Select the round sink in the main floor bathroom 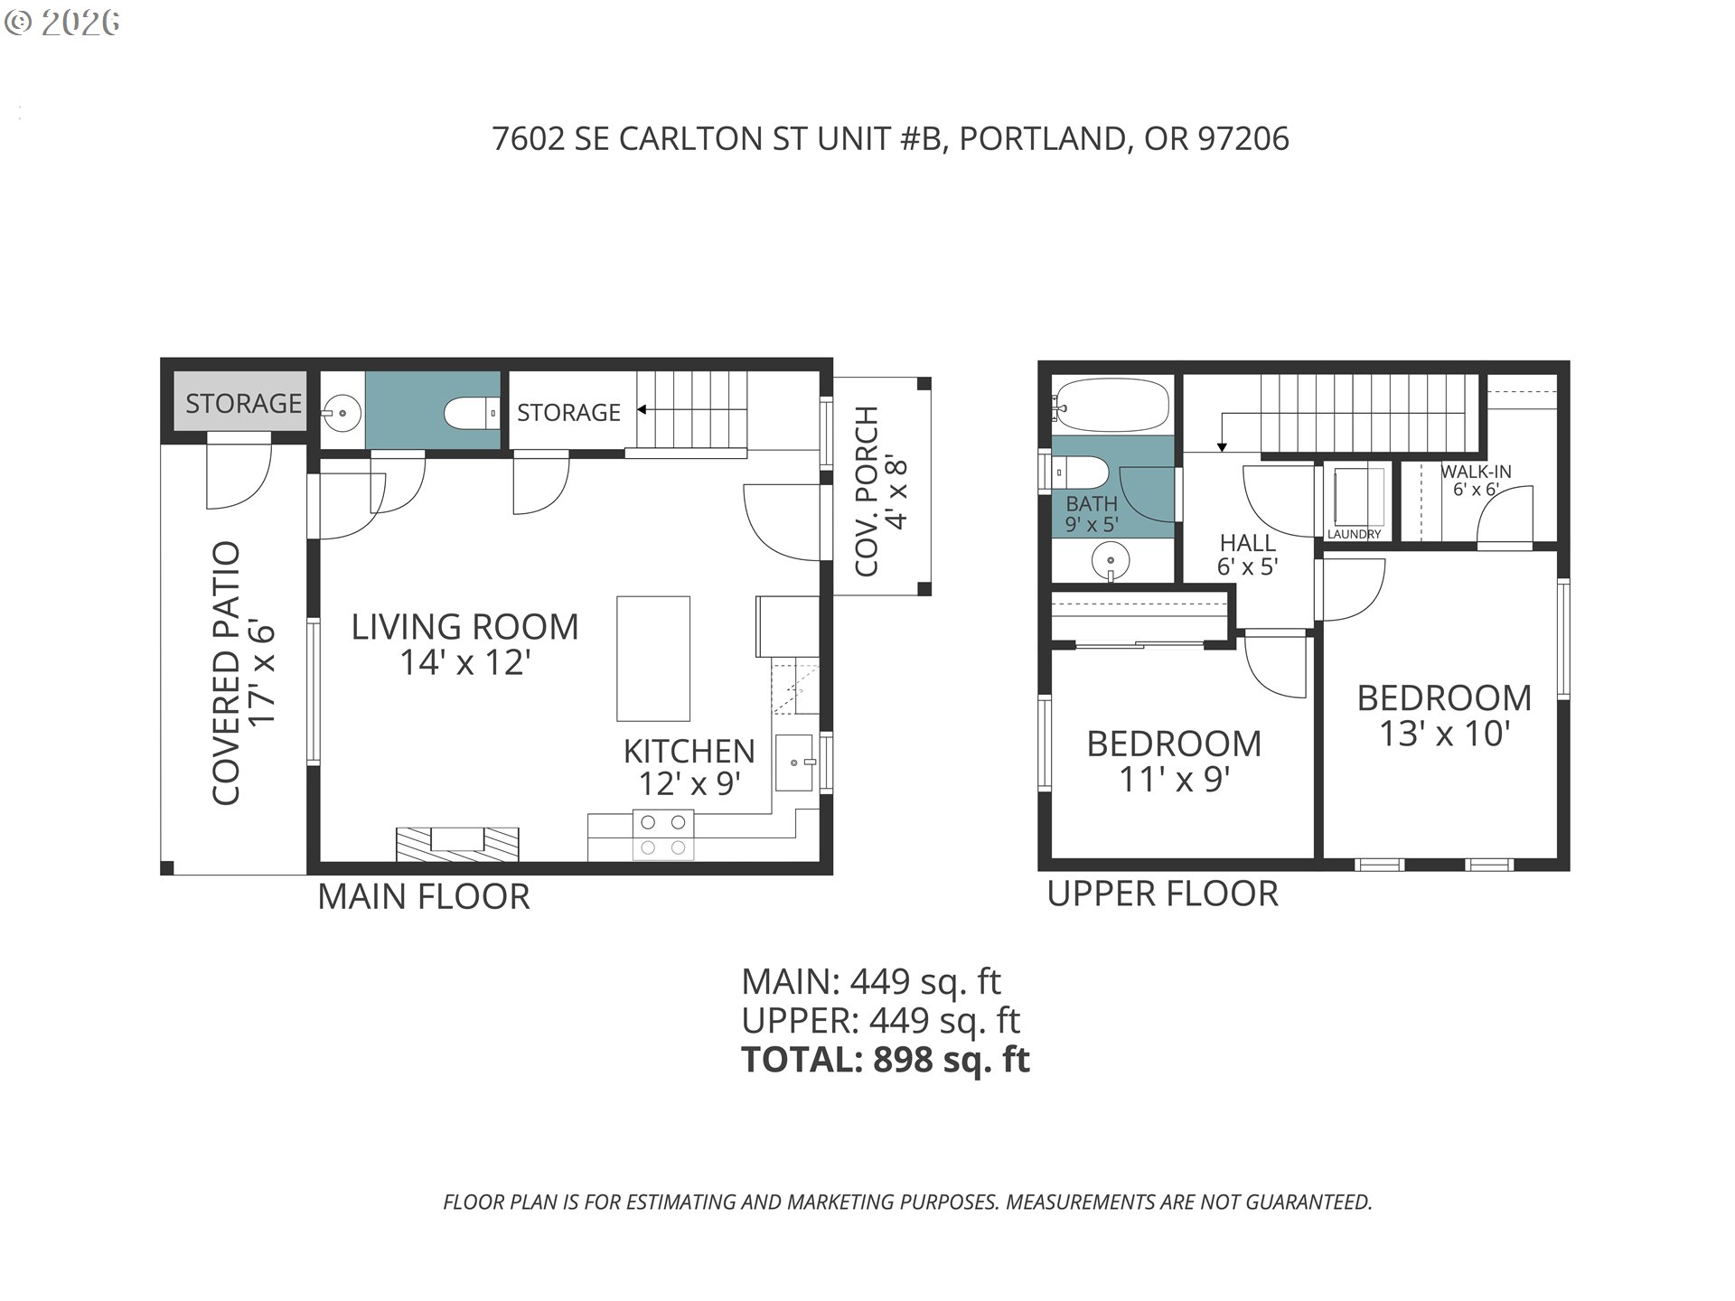[342, 414]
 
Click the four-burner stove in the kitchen [663, 836]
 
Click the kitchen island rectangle [653, 658]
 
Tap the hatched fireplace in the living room [457, 842]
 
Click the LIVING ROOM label [464, 627]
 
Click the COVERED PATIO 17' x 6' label [242, 673]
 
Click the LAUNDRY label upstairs [1354, 534]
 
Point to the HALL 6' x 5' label [1247, 555]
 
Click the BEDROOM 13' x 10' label [1444, 715]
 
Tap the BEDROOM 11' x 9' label [1174, 761]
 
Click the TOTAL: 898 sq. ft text [885, 1059]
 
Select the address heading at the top [890, 138]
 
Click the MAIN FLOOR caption [423, 896]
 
